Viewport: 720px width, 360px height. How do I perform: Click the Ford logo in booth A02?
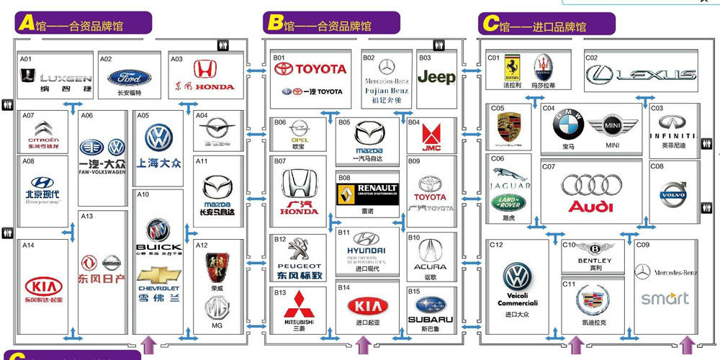tap(130, 78)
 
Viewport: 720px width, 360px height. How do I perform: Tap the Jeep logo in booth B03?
tap(436, 77)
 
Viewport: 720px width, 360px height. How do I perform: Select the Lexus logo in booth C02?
tap(640, 74)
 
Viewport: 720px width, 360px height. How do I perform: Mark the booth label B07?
tap(280, 161)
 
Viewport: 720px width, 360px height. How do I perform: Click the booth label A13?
tap(86, 216)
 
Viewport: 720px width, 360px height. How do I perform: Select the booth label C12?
tap(496, 245)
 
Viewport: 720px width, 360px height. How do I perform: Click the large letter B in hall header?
tap(274, 24)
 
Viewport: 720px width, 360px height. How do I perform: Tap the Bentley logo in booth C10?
tap(595, 248)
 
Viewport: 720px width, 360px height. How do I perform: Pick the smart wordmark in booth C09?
tap(665, 298)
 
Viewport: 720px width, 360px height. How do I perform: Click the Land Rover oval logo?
tap(508, 202)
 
